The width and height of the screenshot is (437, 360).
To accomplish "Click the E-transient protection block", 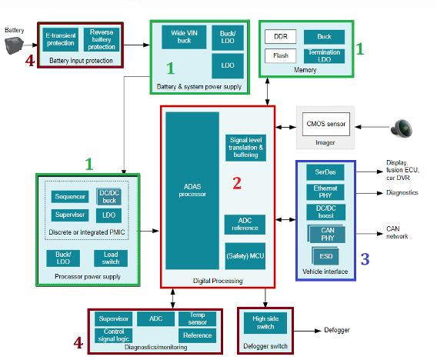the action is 61,39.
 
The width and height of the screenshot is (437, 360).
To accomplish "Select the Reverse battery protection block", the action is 102,39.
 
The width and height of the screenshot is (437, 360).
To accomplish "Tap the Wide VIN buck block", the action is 184,37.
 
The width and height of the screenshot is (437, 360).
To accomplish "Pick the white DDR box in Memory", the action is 280,36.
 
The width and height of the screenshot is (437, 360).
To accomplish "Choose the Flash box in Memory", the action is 280,55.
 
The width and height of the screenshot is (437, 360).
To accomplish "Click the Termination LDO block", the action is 324,56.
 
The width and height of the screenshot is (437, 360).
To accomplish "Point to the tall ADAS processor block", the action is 192,191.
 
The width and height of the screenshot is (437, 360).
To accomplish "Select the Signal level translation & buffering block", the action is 245,148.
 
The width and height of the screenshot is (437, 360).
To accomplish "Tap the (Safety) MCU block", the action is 245,256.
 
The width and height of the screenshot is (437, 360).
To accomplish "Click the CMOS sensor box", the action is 326,124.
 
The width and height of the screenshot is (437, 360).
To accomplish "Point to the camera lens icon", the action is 402,128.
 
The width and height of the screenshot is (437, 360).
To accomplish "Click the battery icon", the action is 14,45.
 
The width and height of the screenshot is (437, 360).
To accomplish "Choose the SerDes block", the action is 325,172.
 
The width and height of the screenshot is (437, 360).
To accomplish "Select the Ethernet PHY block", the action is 325,192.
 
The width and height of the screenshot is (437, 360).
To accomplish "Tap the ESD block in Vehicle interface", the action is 325,256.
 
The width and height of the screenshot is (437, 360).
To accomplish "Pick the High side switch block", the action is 265,323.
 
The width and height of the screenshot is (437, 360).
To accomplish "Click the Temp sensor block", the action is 197,318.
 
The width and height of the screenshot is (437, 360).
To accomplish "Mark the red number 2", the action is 237,183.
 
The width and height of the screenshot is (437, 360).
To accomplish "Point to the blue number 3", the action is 365,259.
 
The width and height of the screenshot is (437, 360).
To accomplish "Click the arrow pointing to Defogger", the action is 308,331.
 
